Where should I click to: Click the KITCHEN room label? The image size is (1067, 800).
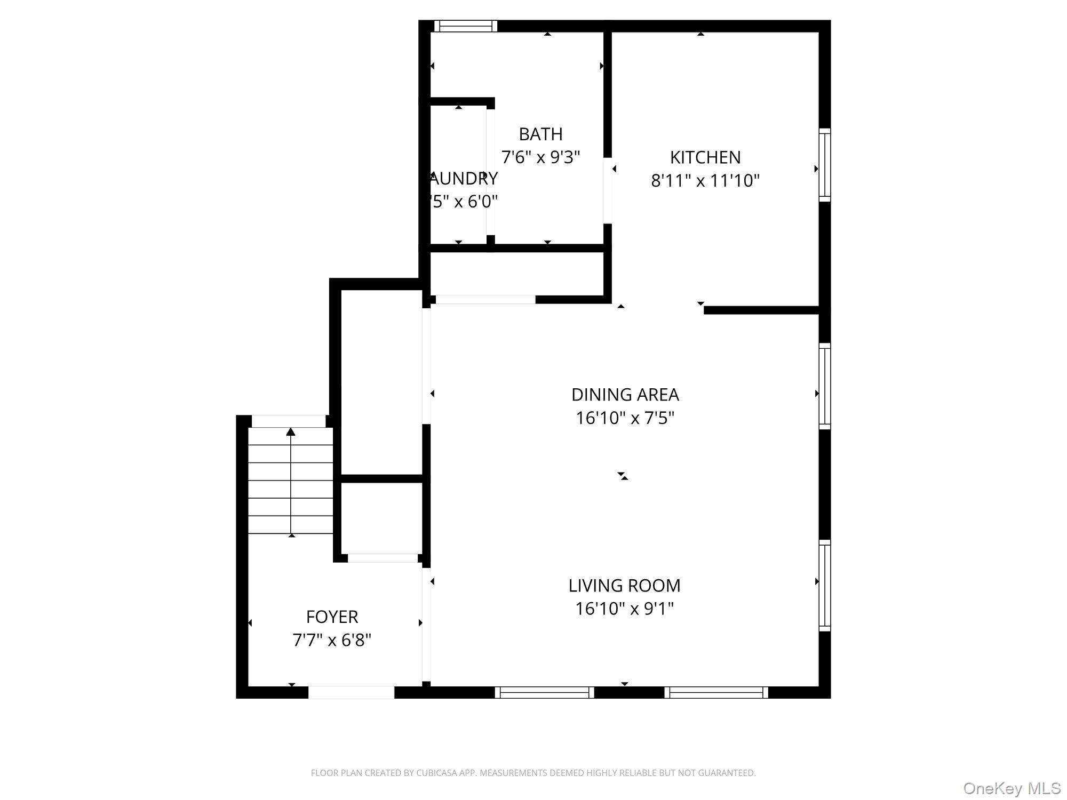(x=705, y=157)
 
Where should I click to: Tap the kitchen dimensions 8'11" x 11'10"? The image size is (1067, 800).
(x=705, y=181)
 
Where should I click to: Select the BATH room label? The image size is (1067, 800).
(x=540, y=134)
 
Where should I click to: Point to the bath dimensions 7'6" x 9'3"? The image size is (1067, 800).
(x=540, y=157)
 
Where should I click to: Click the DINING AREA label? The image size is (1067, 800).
(x=625, y=395)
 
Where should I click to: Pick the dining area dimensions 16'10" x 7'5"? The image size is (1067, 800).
(x=625, y=418)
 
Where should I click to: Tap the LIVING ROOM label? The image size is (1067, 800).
(x=624, y=586)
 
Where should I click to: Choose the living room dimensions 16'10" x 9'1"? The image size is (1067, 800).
(x=624, y=609)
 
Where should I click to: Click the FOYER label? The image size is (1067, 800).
(x=332, y=617)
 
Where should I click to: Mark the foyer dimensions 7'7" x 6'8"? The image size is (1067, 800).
(x=332, y=640)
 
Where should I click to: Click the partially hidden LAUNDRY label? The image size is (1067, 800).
(x=464, y=178)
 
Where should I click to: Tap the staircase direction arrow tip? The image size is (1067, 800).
(x=291, y=431)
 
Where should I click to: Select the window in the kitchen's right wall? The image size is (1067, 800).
(x=825, y=165)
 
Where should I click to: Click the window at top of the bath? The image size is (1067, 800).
(x=465, y=26)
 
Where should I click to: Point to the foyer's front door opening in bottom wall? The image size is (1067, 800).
(x=351, y=692)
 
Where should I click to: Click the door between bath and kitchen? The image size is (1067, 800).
(x=607, y=190)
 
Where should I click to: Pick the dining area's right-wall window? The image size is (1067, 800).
(x=825, y=387)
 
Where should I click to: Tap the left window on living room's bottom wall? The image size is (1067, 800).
(x=544, y=692)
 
